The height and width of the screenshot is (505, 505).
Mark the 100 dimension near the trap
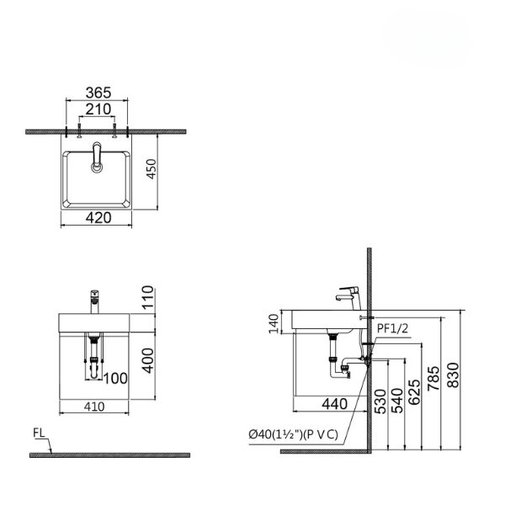(x=116, y=378)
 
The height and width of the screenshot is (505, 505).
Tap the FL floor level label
(x=39, y=435)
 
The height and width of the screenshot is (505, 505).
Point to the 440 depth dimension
(x=334, y=405)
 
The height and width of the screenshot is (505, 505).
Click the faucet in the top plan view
(x=96, y=157)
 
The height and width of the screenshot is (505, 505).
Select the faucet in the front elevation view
(x=94, y=299)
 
